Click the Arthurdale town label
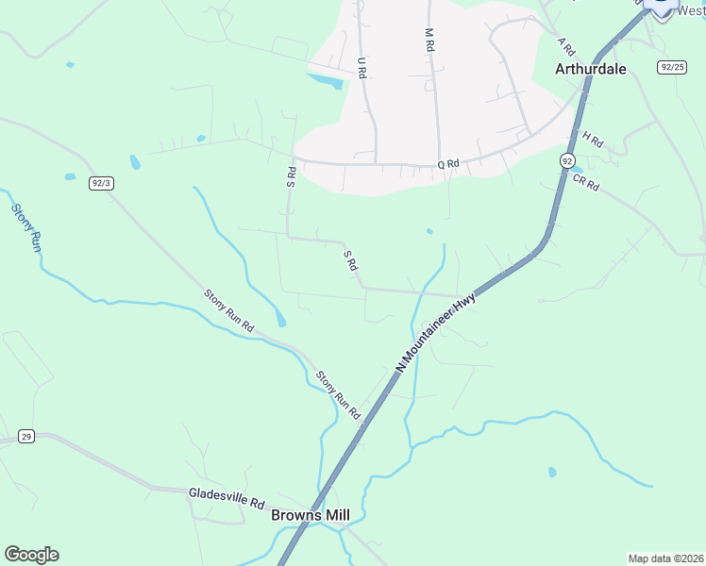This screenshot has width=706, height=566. [x=590, y=69]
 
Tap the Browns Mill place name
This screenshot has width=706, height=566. [x=310, y=515]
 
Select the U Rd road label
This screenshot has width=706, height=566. [x=361, y=67]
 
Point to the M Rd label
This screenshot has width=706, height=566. [x=429, y=39]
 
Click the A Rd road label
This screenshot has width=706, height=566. [x=566, y=46]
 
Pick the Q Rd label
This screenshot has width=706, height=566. [x=447, y=164]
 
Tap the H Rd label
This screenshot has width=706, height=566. [x=593, y=140]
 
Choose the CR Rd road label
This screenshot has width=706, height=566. [x=585, y=180]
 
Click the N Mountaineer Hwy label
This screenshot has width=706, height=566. [x=436, y=331]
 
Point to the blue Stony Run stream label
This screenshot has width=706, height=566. [x=25, y=227]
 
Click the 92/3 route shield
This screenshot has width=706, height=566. [x=102, y=183]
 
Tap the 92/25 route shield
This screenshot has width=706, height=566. [x=671, y=67]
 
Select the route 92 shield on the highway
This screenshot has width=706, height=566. [x=566, y=161]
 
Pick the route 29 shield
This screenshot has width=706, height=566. [x=26, y=436]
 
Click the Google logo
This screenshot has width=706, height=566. [x=31, y=555]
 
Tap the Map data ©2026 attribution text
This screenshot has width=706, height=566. [x=664, y=558]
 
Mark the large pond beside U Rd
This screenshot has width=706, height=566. [x=325, y=81]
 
